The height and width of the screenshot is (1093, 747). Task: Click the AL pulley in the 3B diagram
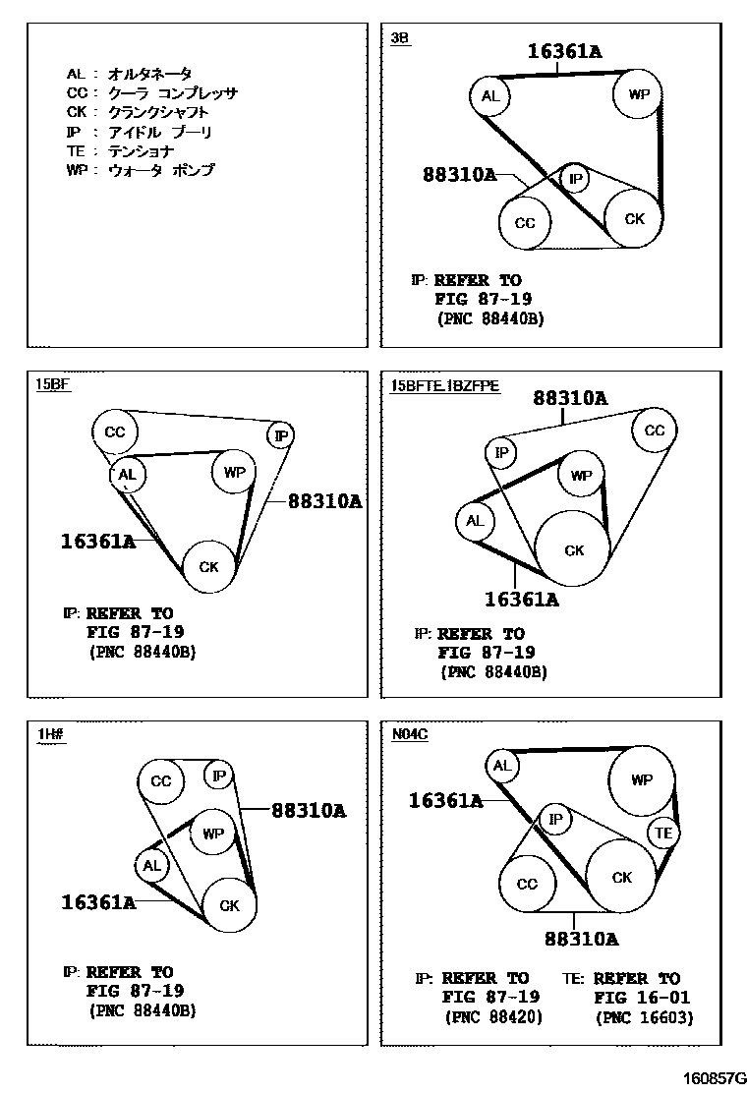click(x=490, y=96)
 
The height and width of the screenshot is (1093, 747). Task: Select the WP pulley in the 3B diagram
click(x=638, y=95)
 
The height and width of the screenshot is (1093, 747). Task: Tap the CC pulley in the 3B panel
click(x=525, y=223)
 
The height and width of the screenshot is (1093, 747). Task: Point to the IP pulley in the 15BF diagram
click(x=281, y=435)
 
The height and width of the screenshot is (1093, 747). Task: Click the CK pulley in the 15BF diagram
click(x=208, y=567)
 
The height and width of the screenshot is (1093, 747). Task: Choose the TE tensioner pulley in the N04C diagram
click(x=664, y=834)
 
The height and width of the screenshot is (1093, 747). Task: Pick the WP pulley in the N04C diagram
click(x=641, y=780)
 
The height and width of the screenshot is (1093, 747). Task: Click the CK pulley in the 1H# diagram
click(x=229, y=905)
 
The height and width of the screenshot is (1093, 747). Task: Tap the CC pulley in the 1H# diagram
click(x=161, y=781)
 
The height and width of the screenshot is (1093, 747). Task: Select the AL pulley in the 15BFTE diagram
click(x=475, y=521)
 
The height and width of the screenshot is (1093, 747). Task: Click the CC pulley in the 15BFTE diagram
click(x=654, y=431)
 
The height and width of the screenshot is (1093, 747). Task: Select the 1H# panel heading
click(x=50, y=733)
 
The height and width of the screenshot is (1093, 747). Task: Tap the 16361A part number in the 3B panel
click(x=564, y=51)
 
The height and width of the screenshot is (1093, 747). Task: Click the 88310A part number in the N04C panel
click(x=581, y=939)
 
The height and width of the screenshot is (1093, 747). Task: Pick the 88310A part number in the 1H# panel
click(x=309, y=811)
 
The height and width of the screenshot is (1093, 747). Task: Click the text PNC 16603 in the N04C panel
click(x=644, y=1018)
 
